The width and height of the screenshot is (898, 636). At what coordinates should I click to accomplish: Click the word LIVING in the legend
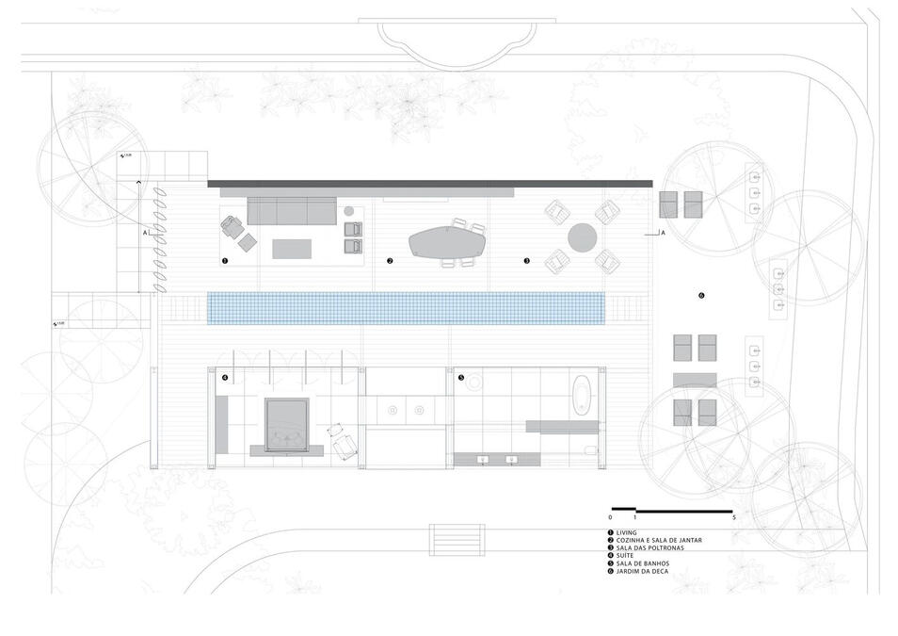pyautogui.click(x=627, y=532)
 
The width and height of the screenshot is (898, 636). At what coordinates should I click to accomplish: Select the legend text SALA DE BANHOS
pyautogui.click(x=643, y=563)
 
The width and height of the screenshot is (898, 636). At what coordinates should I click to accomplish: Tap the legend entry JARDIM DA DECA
pyautogui.click(x=642, y=571)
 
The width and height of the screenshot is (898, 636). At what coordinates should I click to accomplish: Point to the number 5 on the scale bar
pyautogui.click(x=732, y=518)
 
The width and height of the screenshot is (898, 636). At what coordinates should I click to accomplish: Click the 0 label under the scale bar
pyautogui.click(x=610, y=518)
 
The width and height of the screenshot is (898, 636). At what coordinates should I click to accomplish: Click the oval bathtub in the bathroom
pyautogui.click(x=584, y=396)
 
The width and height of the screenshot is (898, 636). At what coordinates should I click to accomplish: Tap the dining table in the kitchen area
pyautogui.click(x=446, y=242)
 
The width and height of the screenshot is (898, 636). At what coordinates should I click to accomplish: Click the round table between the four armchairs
pyautogui.click(x=582, y=236)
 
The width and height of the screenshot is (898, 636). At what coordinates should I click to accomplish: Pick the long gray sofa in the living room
pyautogui.click(x=292, y=211)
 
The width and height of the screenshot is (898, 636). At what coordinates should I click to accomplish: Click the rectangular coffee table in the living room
pyautogui.click(x=292, y=248)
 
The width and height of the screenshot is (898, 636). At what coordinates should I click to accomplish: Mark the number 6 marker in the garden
pyautogui.click(x=701, y=295)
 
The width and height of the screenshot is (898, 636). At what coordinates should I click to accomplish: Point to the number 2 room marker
pyautogui.click(x=390, y=260)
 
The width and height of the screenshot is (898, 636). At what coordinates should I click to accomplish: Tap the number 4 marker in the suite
pyautogui.click(x=225, y=378)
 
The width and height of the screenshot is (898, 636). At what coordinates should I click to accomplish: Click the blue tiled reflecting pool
pyautogui.click(x=405, y=307)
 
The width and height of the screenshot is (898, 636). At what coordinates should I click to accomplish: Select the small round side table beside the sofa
pyautogui.click(x=349, y=211)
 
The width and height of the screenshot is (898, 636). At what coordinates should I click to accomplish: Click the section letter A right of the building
pyautogui.click(x=663, y=232)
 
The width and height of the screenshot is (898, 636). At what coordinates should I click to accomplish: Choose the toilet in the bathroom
pyautogui.click(x=590, y=449)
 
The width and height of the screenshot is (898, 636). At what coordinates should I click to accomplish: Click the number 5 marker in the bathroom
pyautogui.click(x=461, y=378)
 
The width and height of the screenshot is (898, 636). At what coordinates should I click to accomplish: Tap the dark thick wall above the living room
pyautogui.click(x=429, y=182)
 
